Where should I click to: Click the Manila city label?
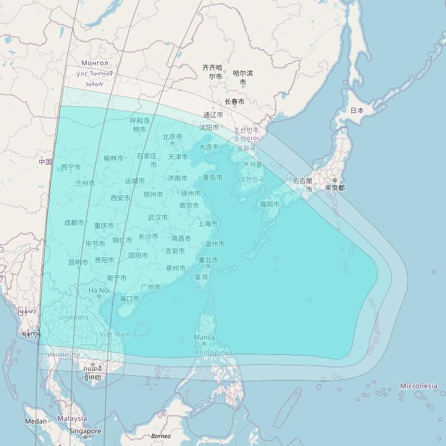tap(204, 337)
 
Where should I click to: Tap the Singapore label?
tap(85, 431)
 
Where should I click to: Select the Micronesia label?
tap(419, 386)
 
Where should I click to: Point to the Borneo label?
tap(161, 436)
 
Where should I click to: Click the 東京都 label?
tap(334, 188)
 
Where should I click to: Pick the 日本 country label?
tap(357, 111)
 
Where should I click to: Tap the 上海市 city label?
tap(208, 224)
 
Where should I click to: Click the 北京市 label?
tap(172, 137)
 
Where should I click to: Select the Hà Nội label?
tap(99, 290)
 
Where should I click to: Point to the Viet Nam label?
tap(115, 334)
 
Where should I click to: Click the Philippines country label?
tap(214, 353)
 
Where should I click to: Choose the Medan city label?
tap(35, 421)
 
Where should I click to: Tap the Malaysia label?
tap(72, 419)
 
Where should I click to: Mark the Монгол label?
tap(95, 63)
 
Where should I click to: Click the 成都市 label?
tap(74, 222)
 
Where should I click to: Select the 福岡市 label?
tap(269, 204)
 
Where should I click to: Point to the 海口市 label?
tap(129, 299)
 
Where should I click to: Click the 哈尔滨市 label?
tap(243, 78)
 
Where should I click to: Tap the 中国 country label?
tap(45, 162)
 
